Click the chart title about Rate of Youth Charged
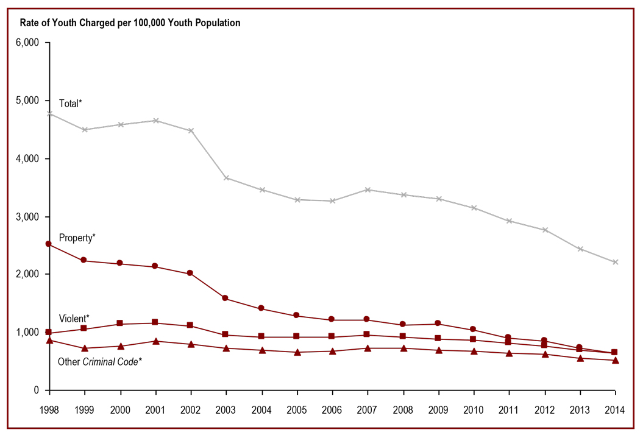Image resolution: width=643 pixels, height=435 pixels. click(130, 23)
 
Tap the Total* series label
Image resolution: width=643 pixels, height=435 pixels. click(70, 104)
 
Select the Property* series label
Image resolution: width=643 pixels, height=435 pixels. click(77, 237)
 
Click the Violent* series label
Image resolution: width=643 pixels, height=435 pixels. click(74, 318)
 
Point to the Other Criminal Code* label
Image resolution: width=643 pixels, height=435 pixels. click(100, 361)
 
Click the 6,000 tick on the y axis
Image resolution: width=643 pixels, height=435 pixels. click(27, 43)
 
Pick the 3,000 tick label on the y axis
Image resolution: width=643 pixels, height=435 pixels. click(27, 216)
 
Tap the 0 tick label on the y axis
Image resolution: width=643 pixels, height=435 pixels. click(37, 390)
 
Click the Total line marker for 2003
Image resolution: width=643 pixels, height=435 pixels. click(226, 178)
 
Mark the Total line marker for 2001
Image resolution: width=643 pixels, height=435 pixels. click(155, 121)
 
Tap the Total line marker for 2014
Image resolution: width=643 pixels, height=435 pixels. click(615, 262)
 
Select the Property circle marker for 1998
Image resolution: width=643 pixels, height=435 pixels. click(49, 244)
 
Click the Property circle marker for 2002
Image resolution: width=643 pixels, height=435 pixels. click(191, 274)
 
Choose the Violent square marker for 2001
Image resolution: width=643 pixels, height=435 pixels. click(155, 322)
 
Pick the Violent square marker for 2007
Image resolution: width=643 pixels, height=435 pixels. click(367, 334)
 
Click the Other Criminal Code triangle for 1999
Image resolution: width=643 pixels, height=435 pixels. click(85, 348)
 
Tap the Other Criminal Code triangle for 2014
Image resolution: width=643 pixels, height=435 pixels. click(615, 360)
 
